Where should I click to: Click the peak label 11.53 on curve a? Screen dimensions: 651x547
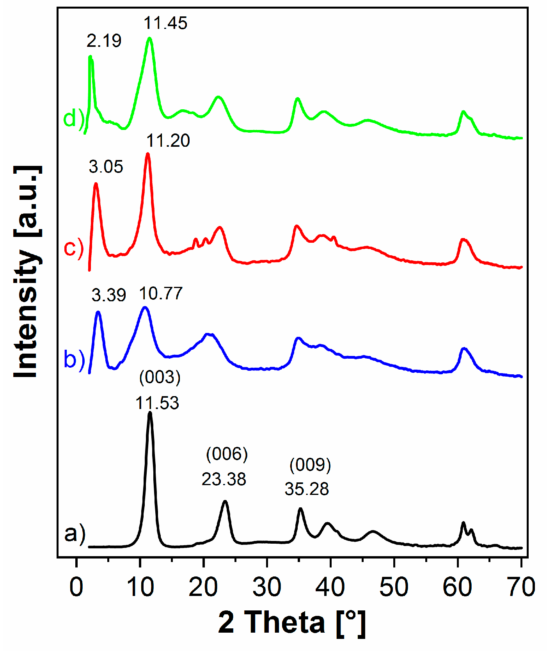[157, 403]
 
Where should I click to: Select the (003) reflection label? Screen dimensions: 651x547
[160, 377]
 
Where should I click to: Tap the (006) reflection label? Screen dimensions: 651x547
[227, 454]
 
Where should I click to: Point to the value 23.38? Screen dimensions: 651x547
[224, 479]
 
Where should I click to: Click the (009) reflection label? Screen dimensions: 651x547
[310, 465]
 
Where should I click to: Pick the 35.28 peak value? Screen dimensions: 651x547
[307, 489]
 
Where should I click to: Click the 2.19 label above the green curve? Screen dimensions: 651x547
[104, 41]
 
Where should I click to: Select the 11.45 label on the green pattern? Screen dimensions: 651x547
[165, 23]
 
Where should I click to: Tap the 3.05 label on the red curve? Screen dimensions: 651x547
[106, 167]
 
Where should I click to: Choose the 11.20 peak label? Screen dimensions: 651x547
[168, 141]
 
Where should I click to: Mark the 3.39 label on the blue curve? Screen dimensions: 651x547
[109, 295]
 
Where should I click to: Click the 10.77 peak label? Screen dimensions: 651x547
[161, 293]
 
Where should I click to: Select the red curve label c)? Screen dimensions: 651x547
[74, 247]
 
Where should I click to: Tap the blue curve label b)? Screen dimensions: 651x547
[74, 359]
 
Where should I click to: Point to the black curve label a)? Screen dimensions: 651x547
[75, 533]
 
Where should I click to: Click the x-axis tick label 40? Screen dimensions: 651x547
[330, 587]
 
